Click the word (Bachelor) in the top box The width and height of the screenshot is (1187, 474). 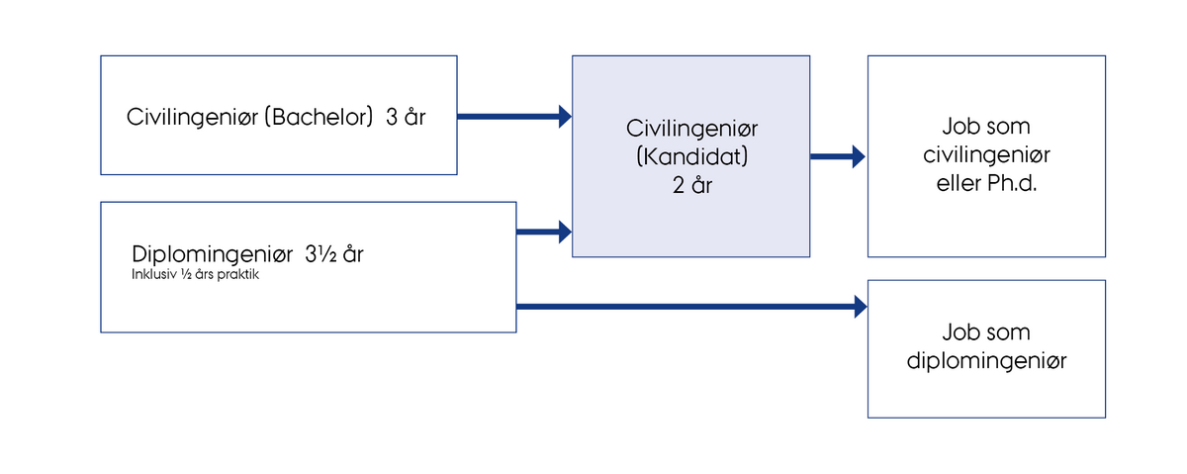319,117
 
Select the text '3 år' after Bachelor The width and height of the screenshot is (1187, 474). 406,117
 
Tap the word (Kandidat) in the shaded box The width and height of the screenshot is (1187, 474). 691,156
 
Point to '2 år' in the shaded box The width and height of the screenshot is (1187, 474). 692,185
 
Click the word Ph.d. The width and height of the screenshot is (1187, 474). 1012,183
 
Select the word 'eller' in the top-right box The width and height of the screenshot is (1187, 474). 959,183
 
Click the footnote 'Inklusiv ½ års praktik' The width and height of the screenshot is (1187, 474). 195,275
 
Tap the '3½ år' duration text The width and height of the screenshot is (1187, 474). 334,254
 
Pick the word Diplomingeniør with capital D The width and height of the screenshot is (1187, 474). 212,255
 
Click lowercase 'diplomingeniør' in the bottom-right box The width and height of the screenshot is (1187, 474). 986,361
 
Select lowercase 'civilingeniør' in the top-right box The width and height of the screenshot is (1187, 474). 986,155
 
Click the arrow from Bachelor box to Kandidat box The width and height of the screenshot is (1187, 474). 514,117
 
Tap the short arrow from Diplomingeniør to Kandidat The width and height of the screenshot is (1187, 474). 544,232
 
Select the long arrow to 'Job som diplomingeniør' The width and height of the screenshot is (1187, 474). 691,307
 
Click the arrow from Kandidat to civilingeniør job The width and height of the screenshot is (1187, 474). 837,156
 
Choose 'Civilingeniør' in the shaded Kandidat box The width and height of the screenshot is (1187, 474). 691,129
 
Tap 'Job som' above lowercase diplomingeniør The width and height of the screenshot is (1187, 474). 986,332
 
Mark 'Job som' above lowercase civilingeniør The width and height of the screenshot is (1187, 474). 986,127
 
